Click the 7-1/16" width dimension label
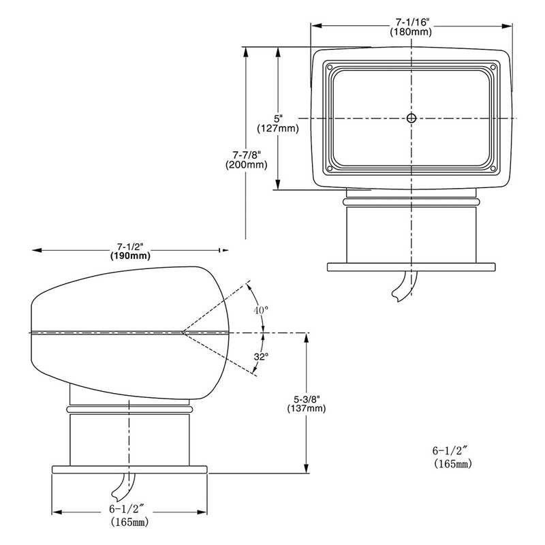click(412, 22)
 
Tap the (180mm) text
click(411, 32)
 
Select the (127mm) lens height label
click(278, 128)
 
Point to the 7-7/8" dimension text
click(247, 155)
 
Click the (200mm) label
click(247, 164)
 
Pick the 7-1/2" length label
click(130, 247)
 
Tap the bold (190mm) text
click(130, 256)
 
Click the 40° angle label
click(261, 310)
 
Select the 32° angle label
click(261, 356)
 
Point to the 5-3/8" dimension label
click(307, 399)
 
